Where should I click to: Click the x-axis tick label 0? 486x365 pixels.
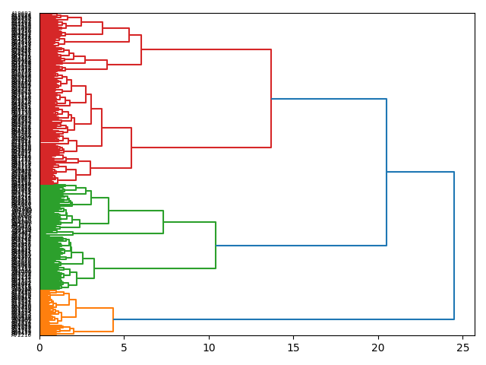[39, 347]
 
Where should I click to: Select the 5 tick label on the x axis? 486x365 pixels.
[125, 347]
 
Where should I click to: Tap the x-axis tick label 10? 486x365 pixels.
[209, 347]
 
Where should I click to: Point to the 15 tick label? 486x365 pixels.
[293, 347]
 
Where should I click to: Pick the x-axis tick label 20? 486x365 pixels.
[378, 347]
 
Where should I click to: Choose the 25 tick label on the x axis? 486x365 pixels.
[462, 347]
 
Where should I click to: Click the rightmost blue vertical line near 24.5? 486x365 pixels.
[454, 246]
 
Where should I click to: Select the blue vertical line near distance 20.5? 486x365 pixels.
[387, 172]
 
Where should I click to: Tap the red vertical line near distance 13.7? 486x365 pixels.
[271, 99]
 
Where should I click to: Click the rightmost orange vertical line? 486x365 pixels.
[113, 319]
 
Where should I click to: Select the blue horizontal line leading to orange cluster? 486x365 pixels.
[283, 319]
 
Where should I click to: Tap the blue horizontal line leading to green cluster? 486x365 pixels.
[301, 246]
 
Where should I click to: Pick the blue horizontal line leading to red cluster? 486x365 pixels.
[329, 99]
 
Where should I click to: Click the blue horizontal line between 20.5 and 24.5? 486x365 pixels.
[420, 172]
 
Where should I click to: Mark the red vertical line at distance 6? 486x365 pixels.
[141, 49]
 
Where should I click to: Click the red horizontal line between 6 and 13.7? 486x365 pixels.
[206, 49]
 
